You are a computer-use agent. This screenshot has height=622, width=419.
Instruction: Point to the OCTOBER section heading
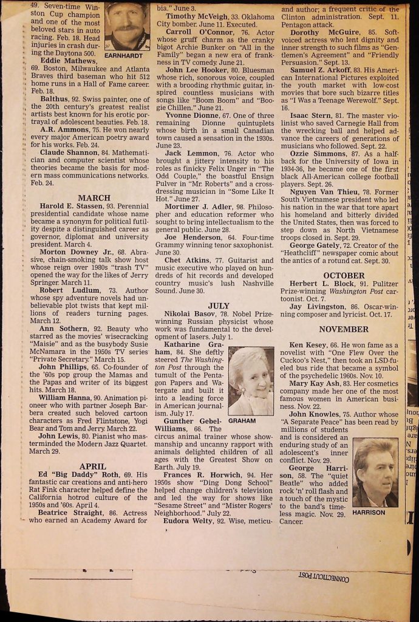click(344, 275)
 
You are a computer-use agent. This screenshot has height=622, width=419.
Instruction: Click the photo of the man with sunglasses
click(127, 26)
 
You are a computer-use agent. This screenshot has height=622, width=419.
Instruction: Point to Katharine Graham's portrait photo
click(251, 380)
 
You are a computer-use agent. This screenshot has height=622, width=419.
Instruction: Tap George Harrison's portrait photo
click(375, 472)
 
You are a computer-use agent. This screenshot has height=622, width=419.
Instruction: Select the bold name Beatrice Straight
click(74, 513)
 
